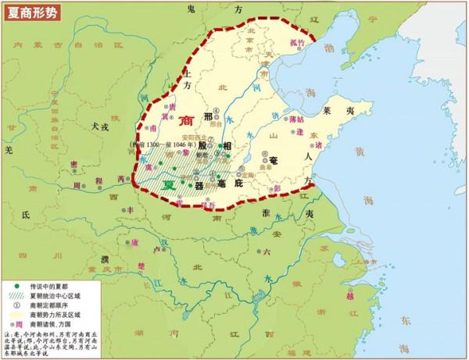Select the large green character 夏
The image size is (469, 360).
tap(166, 186)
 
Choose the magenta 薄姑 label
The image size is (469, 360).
tap(294, 119)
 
